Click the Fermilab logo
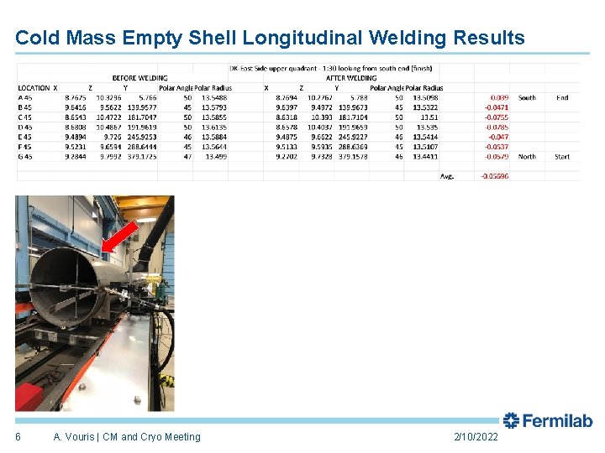point(548,421)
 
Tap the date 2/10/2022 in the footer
point(476,437)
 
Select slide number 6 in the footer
point(18,437)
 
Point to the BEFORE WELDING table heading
point(139,78)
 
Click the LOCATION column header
point(34,88)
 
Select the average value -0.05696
point(493,176)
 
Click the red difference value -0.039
point(497,98)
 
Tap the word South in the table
point(527,98)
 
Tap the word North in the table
point(527,156)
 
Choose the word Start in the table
point(562,156)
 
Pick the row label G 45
point(25,156)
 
